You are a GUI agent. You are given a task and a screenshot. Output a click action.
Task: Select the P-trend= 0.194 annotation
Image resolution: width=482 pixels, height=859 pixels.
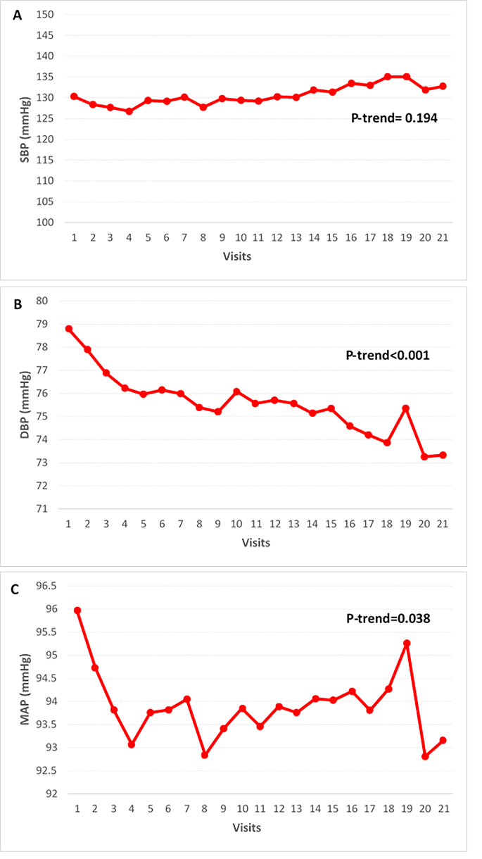395,119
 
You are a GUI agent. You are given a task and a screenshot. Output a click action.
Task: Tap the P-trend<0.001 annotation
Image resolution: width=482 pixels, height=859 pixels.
388,356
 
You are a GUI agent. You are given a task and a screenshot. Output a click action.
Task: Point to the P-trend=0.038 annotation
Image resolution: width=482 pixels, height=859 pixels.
388,619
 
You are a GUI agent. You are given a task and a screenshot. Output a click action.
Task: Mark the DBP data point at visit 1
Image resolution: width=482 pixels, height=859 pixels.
69,329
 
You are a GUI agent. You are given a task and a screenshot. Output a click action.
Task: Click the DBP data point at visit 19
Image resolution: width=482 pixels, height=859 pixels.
406,408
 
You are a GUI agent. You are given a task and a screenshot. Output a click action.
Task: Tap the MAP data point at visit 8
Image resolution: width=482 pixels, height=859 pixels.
205,755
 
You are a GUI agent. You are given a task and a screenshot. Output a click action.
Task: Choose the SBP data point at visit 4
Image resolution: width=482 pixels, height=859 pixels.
129,111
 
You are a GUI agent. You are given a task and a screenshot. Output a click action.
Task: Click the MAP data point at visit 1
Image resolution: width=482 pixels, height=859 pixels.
77,610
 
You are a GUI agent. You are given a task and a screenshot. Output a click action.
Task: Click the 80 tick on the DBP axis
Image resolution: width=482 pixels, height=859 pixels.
44,301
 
